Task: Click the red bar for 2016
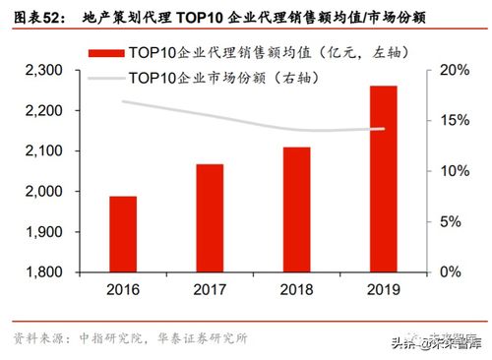pyautogui.click(x=123, y=234)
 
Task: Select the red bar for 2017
pyautogui.click(x=209, y=217)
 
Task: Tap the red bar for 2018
pyautogui.click(x=296, y=210)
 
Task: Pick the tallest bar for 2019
pyautogui.click(x=384, y=178)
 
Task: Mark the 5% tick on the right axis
pyautogui.click(x=450, y=221)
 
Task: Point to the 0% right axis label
pyautogui.click(x=450, y=271)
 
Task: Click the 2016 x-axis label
pyautogui.click(x=123, y=290)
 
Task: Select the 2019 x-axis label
pyautogui.click(x=384, y=290)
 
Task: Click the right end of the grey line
pyautogui.click(x=384, y=128)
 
